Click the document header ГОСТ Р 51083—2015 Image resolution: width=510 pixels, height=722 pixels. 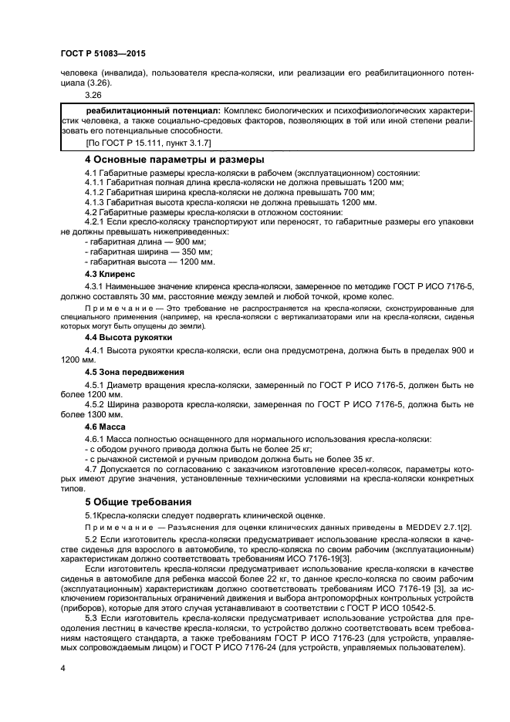(x=103, y=54)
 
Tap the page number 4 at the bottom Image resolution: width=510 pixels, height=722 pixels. (x=62, y=667)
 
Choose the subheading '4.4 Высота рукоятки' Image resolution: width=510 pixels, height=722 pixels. (x=128, y=338)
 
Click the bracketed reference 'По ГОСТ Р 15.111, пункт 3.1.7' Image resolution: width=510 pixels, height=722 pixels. (x=138, y=143)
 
